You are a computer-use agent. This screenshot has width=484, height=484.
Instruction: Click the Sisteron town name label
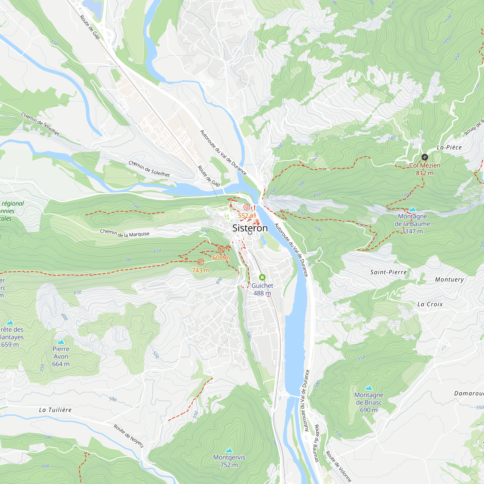pyautogui.click(x=250, y=228)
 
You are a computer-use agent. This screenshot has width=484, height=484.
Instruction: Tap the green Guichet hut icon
pyautogui.click(x=262, y=277)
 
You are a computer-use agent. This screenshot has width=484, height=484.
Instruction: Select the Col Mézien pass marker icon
pyautogui.click(x=424, y=157)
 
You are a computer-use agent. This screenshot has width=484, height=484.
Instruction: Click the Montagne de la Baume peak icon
pyautogui.click(x=412, y=209)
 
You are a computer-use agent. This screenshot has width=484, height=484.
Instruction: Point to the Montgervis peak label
pyautogui.click(x=229, y=461)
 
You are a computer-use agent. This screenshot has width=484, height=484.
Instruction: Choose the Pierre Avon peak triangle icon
pyautogui.click(x=61, y=342)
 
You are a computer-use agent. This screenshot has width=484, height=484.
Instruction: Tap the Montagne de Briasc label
pyautogui.click(x=369, y=402)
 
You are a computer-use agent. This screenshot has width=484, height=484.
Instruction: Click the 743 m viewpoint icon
pyautogui.click(x=201, y=262)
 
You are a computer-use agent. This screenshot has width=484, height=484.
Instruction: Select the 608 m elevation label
pyautogui.click(x=221, y=258)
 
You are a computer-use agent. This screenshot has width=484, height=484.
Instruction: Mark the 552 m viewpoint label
pyautogui.click(x=247, y=216)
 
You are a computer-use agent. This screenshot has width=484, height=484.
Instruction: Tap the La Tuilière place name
pyautogui.click(x=55, y=410)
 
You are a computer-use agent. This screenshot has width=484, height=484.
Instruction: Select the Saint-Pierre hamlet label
pyautogui.click(x=389, y=272)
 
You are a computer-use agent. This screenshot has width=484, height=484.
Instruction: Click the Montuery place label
pyautogui.click(x=449, y=280)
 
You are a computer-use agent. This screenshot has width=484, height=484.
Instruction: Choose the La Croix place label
pyautogui.click(x=430, y=304)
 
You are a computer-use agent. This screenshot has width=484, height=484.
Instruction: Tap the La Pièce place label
pyautogui.click(x=449, y=147)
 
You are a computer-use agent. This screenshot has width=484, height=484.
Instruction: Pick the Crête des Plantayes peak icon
pyautogui.click(x=10, y=322)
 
